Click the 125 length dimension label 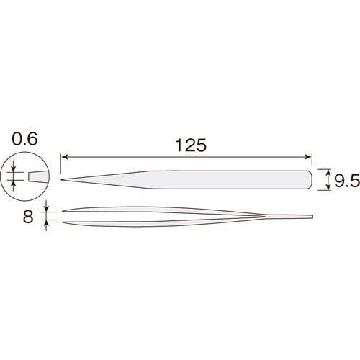(x=189, y=145)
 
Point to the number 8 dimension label (x=30, y=215)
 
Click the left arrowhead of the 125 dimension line (x=65, y=156)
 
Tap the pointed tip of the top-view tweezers (x=63, y=179)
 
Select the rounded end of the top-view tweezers (x=310, y=180)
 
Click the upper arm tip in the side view (x=65, y=211)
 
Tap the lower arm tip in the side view (x=65, y=221)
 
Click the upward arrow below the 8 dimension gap (x=48, y=224)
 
